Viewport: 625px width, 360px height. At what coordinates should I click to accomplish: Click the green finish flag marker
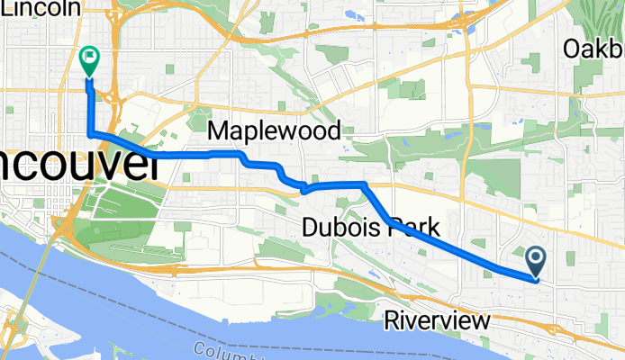(90, 59)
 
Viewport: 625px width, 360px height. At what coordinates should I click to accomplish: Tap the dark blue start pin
(536, 261)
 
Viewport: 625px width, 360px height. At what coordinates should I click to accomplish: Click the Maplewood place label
(274, 131)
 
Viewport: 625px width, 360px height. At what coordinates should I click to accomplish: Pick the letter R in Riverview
(391, 319)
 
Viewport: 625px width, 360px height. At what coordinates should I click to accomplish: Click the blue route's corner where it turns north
(90, 135)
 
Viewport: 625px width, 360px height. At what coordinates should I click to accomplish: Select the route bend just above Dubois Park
(364, 184)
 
